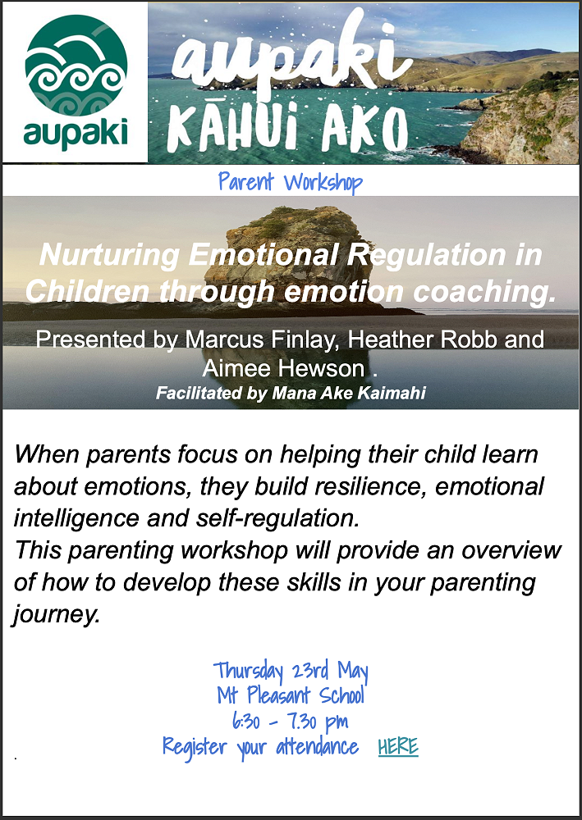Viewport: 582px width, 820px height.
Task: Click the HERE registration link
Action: pyautogui.click(x=398, y=746)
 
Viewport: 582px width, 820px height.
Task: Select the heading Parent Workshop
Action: pyautogui.click(x=291, y=182)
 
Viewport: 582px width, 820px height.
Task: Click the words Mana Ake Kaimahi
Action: pyautogui.click(x=349, y=394)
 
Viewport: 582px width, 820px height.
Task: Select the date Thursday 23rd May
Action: pyautogui.click(x=291, y=671)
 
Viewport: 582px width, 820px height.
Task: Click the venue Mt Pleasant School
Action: pyautogui.click(x=291, y=696)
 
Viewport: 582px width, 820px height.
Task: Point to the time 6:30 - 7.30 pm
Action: pyautogui.click(x=290, y=722)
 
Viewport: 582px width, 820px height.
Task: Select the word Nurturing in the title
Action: pyautogui.click(x=108, y=256)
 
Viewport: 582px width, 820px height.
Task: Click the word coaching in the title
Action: pyautogui.click(x=483, y=291)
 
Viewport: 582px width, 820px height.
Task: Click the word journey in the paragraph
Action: pyautogui.click(x=56, y=614)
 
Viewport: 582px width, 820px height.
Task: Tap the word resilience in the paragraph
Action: pyautogui.click(x=373, y=487)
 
